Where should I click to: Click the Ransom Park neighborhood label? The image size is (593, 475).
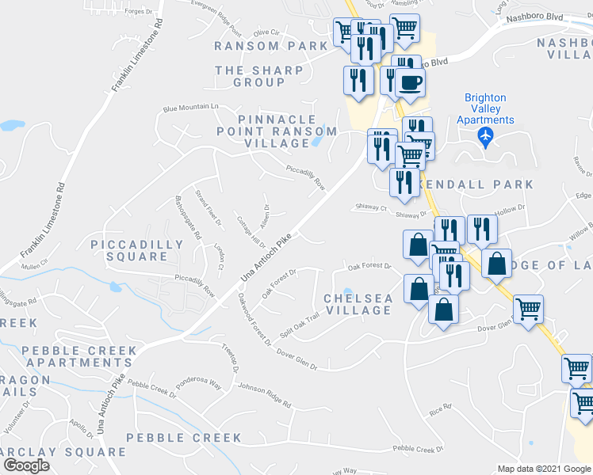click(270, 46)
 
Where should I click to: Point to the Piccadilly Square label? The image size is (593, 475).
click(137, 250)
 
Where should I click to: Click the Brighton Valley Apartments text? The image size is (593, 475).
click(485, 109)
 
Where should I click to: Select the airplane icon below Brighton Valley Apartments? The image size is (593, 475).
click(485, 137)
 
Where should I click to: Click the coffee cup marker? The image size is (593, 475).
click(410, 82)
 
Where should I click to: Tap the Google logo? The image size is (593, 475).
click(27, 465)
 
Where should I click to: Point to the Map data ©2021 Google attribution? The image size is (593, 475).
click(543, 469)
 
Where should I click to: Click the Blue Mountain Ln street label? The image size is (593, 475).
click(190, 107)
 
